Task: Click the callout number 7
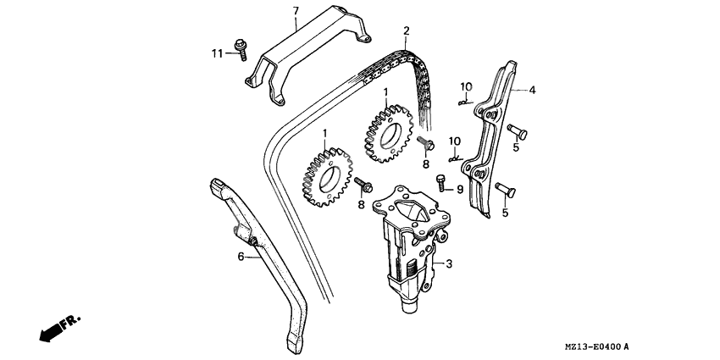click(296, 10)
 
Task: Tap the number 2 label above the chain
click(407, 31)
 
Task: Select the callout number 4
click(533, 89)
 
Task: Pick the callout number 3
click(449, 263)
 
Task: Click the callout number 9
click(459, 189)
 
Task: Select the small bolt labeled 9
click(440, 180)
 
